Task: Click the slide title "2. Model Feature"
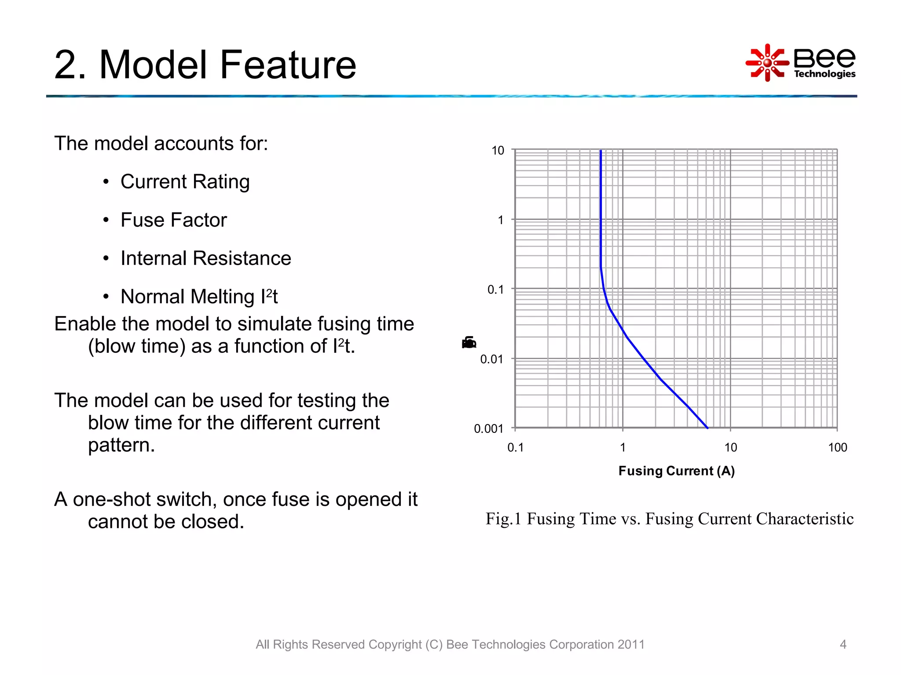[x=205, y=65]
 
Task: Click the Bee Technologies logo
[x=800, y=62]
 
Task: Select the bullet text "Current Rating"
[x=185, y=181]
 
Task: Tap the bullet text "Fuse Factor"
[x=173, y=220]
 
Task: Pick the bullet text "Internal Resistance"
[x=205, y=258]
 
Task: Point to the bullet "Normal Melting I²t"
[x=199, y=297]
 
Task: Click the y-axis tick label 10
[x=498, y=151]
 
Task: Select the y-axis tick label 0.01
[x=491, y=359]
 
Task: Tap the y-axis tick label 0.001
[x=488, y=428]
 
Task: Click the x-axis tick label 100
[x=837, y=447]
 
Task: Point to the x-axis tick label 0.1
[x=515, y=447]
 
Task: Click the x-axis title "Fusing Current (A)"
[x=676, y=471]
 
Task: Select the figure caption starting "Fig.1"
[x=669, y=519]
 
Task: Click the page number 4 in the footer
[x=843, y=644]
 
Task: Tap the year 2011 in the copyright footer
[x=630, y=644]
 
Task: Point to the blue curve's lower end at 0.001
[x=707, y=427]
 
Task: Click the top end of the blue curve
[x=601, y=151]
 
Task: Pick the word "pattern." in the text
[x=121, y=445]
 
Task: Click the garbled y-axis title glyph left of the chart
[x=469, y=342]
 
